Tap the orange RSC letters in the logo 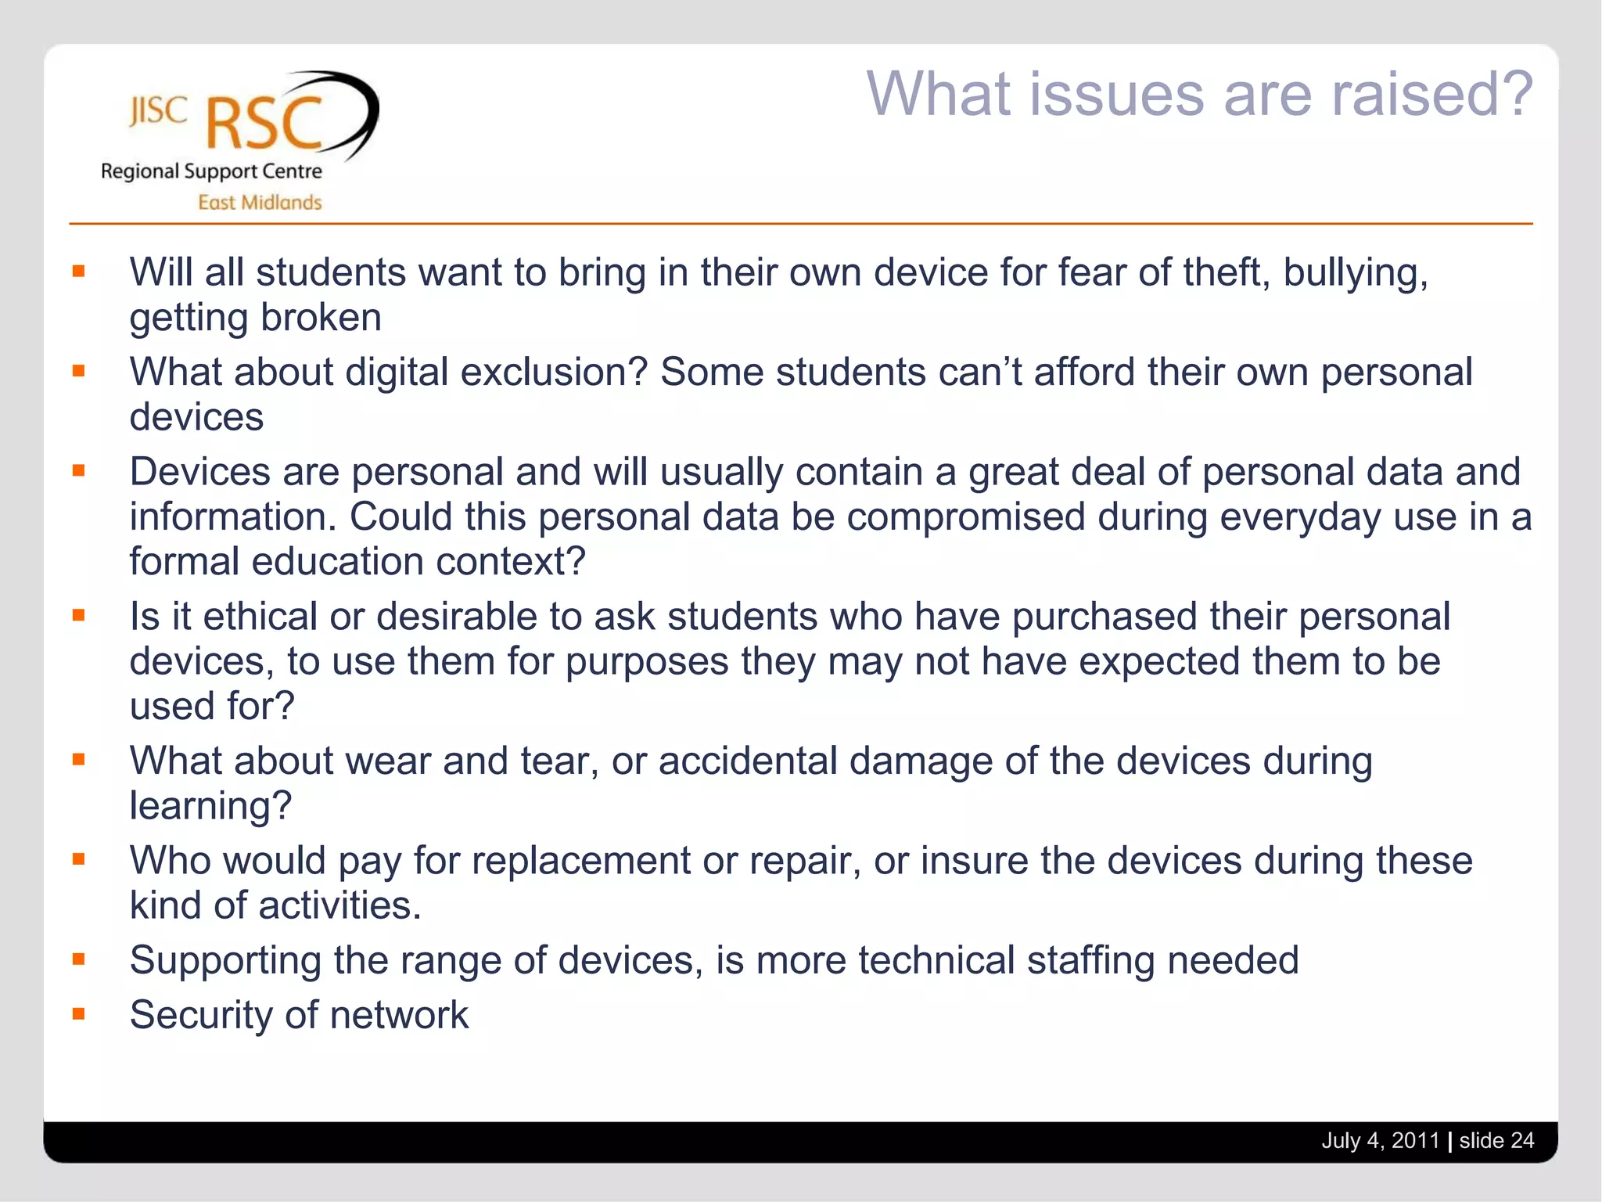click(264, 124)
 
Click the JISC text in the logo click(158, 111)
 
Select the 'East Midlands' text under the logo click(260, 203)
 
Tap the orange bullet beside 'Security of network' click(78, 1014)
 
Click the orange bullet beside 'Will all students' click(78, 272)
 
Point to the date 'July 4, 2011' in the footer click(1381, 1140)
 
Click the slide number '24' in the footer click(1522, 1140)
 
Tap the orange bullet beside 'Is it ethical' click(78, 615)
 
